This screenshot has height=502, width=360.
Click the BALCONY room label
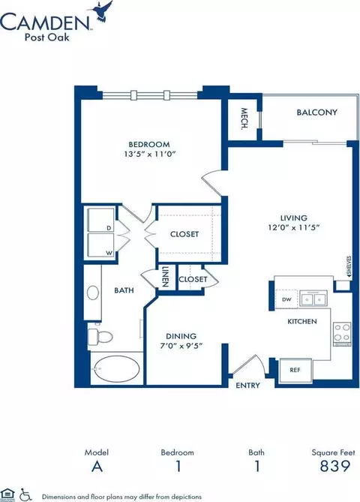pos(316,113)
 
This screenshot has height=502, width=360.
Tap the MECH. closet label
pos(244,117)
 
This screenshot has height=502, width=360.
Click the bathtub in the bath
pos(116,371)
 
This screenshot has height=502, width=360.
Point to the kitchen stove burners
pos(341,332)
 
